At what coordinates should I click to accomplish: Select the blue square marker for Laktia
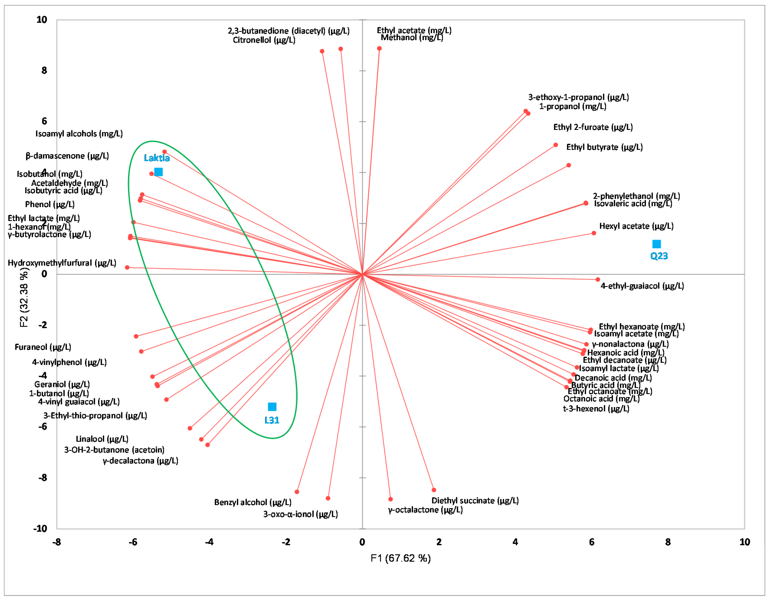pyautogui.click(x=159, y=172)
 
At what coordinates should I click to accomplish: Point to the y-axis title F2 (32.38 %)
pyautogui.click(x=24, y=297)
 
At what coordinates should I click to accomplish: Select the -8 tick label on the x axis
pyautogui.click(x=56, y=542)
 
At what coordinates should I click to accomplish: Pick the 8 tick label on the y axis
pyautogui.click(x=44, y=70)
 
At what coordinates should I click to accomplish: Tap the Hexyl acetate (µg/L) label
pyautogui.click(x=636, y=226)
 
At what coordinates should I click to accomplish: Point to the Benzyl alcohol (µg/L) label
pyautogui.click(x=253, y=502)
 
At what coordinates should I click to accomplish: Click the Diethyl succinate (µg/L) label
pyautogui.click(x=475, y=500)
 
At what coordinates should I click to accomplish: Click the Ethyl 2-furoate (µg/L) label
pyautogui.click(x=593, y=127)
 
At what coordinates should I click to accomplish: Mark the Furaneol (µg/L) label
pyautogui.click(x=43, y=347)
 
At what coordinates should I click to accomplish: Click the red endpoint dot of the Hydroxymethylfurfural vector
pyautogui.click(x=127, y=268)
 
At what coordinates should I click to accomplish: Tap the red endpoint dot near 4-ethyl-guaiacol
pyautogui.click(x=597, y=279)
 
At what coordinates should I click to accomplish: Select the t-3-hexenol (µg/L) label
pyautogui.click(x=596, y=408)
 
